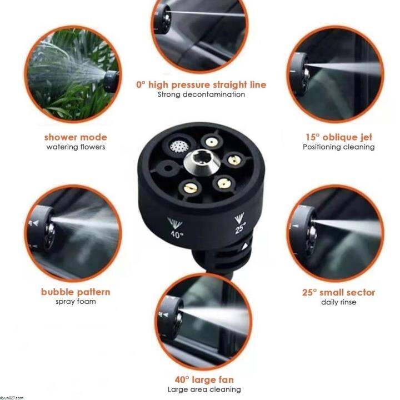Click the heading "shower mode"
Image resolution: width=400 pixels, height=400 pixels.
[76, 137]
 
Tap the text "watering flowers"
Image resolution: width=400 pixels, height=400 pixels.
[76, 147]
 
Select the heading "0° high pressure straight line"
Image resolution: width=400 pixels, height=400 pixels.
[201, 85]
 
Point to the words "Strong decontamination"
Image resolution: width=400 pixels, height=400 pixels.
[201, 94]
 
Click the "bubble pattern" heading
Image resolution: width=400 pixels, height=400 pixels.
[76, 292]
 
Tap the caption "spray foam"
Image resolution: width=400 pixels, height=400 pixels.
[76, 302]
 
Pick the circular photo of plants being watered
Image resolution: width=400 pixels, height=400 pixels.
[76, 74]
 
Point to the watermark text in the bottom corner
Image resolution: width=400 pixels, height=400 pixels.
[12, 397]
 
